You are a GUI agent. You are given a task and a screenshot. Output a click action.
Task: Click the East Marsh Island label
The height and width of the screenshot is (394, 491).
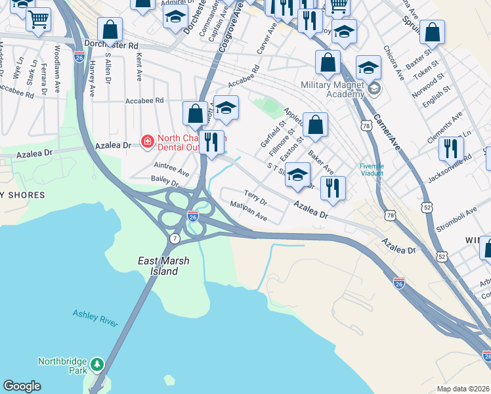tap(163, 266)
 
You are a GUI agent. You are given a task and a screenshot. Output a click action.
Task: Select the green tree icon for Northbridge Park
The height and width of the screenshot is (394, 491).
tap(97, 363)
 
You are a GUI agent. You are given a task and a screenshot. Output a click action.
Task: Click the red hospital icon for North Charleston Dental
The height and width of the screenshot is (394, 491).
tap(147, 141)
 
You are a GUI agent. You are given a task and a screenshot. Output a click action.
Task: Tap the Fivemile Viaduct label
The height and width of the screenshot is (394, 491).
tap(376, 169)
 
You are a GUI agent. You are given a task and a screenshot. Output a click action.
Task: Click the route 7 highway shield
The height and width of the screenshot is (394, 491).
tap(175, 238)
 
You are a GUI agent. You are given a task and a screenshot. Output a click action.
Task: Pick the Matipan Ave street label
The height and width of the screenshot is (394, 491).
tap(248, 211)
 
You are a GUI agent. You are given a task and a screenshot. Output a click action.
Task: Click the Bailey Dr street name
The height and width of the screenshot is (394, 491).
tap(165, 180)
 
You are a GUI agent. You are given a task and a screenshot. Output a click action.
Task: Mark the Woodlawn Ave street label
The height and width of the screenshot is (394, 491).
tap(58, 59)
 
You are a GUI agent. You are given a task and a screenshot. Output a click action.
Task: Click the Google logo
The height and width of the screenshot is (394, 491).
tap(22, 386)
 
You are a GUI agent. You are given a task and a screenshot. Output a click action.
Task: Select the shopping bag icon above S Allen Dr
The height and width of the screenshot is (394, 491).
tap(110, 30)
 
